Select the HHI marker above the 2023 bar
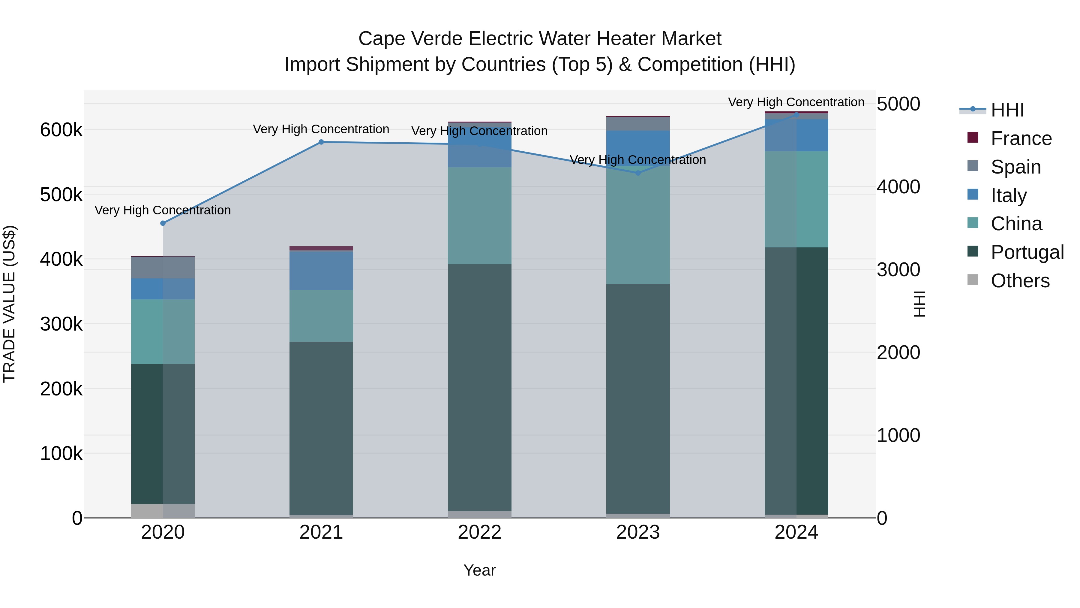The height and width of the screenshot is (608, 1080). (638, 173)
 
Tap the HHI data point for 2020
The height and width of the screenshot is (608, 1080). (163, 223)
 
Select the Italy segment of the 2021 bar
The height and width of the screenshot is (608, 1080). (321, 270)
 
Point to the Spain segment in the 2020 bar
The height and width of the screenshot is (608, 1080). (163, 267)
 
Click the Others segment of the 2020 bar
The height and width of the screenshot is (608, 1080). (163, 511)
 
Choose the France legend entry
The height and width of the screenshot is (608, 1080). (1021, 138)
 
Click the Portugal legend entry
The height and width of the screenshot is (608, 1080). (1027, 252)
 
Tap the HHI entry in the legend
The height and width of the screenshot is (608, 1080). (1007, 110)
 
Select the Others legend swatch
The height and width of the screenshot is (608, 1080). (973, 280)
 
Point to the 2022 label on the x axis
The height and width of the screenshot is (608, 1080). (480, 532)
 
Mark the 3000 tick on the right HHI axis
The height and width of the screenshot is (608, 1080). (898, 270)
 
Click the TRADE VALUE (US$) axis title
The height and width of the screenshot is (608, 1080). (10, 304)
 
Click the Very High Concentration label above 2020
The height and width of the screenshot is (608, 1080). (163, 210)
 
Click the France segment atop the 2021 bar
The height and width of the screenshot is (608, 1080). (321, 248)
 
